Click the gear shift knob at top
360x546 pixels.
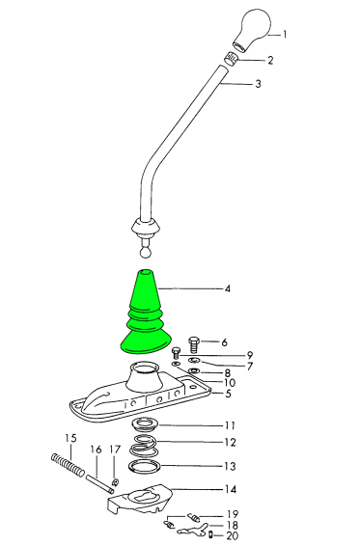[x=252, y=30]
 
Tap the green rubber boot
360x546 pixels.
[x=145, y=314]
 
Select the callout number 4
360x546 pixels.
[x=228, y=288]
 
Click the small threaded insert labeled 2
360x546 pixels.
[x=232, y=59]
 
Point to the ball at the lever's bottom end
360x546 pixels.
[x=146, y=253]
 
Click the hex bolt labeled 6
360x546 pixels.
[x=194, y=344]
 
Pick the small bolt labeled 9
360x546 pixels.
[x=177, y=353]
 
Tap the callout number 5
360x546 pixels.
[x=229, y=394]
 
